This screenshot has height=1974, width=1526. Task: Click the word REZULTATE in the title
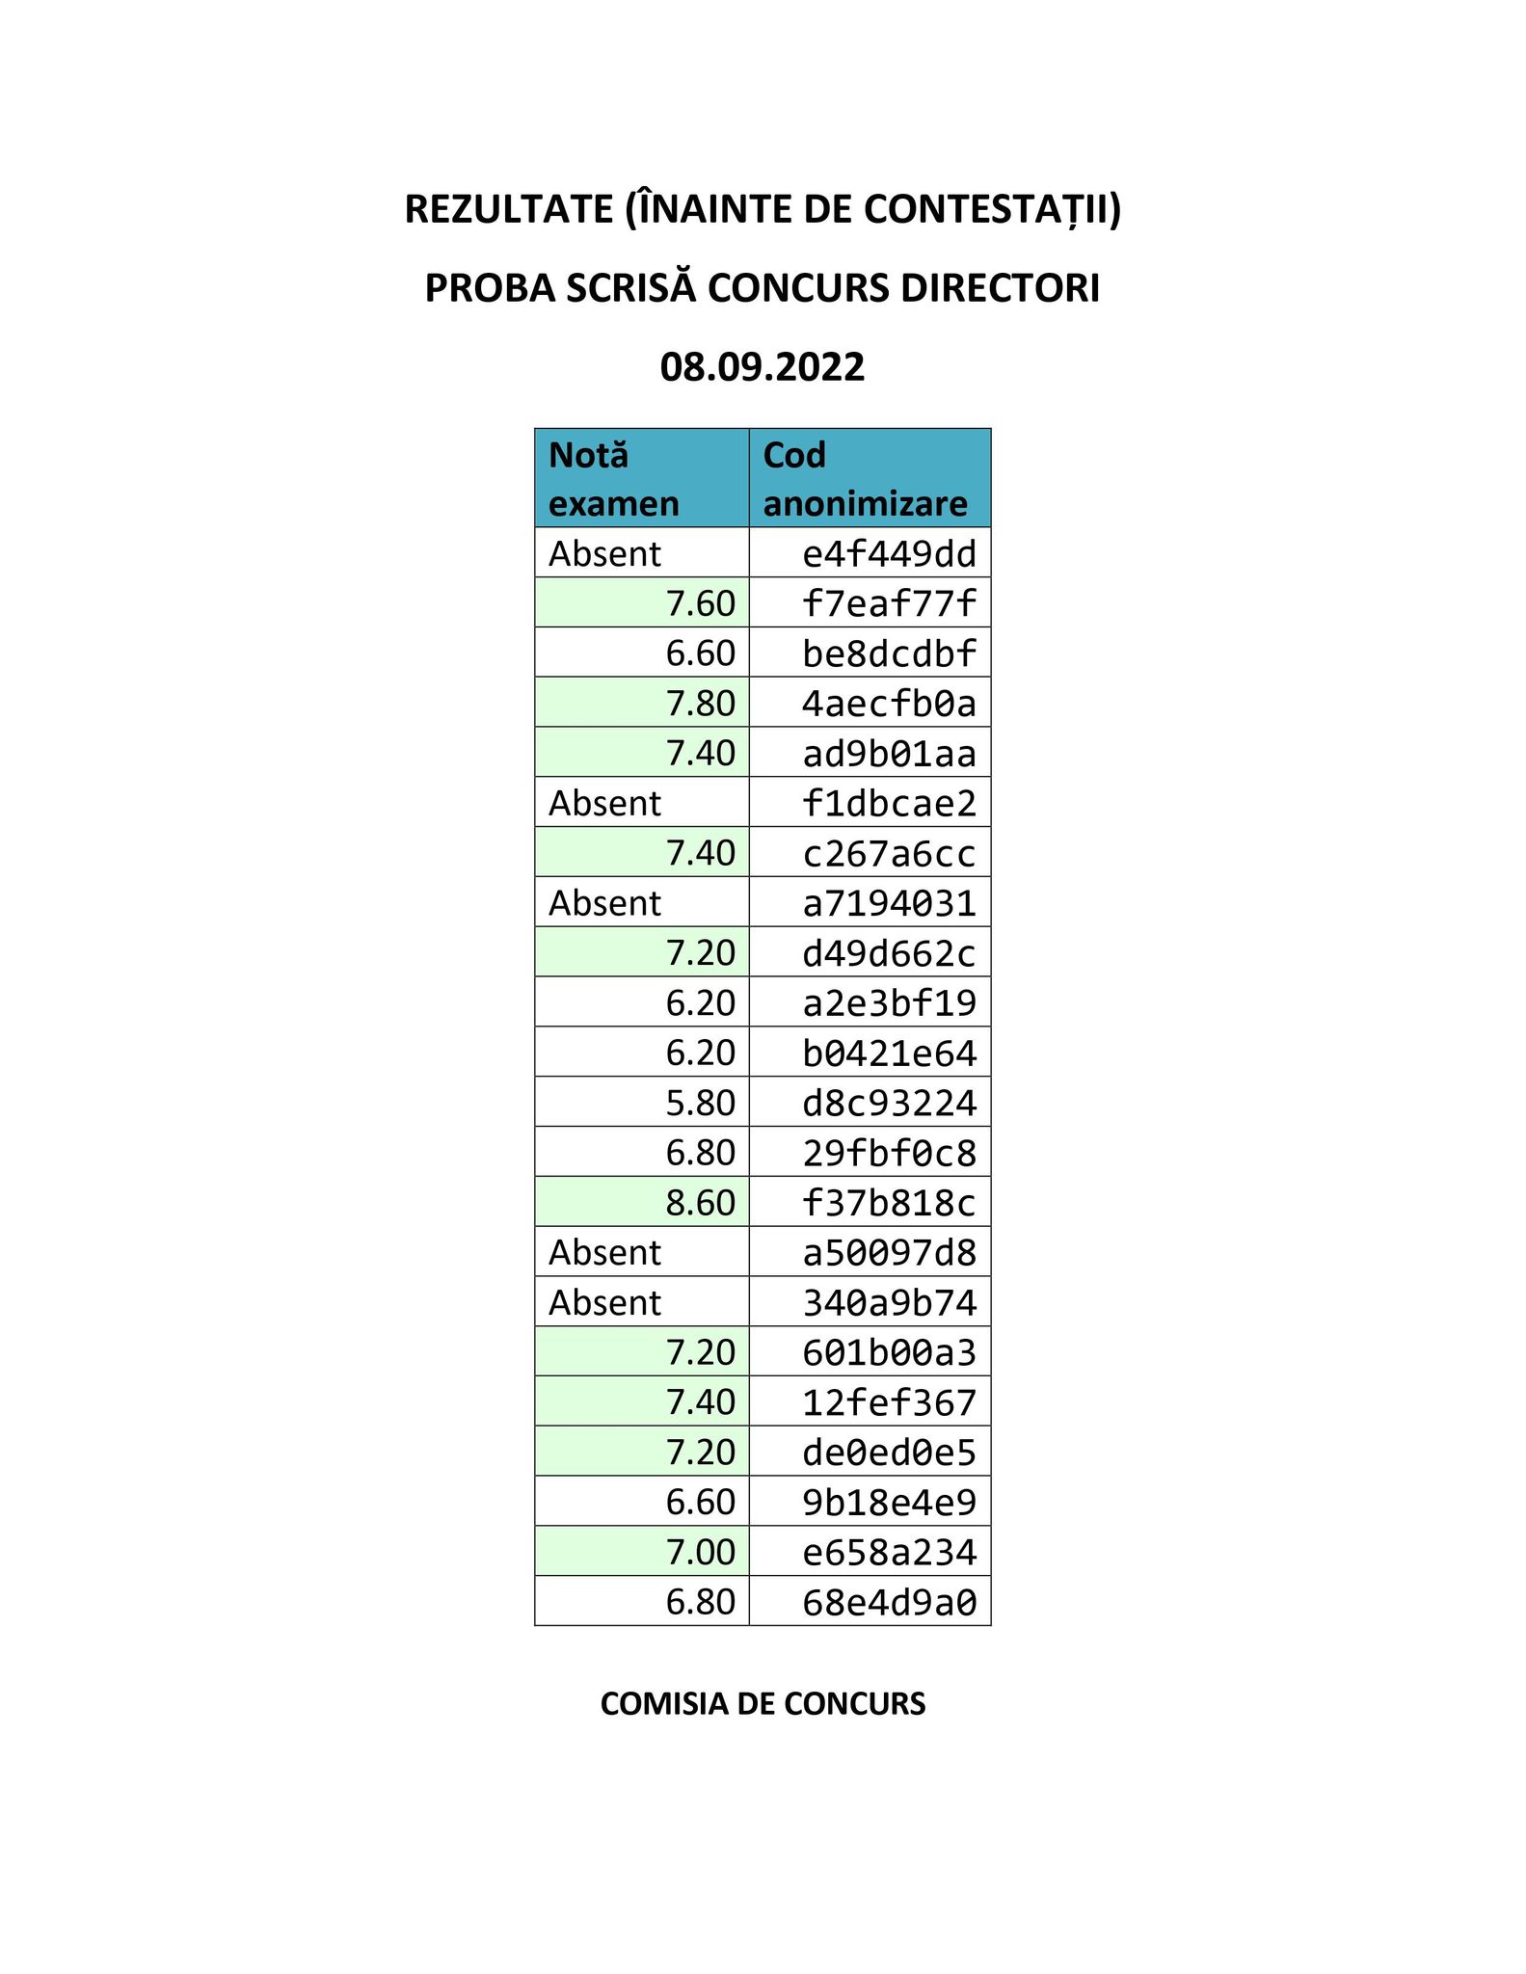[x=507, y=209]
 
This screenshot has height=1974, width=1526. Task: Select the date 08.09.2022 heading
[x=762, y=367]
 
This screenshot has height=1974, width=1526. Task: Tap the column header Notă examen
[x=641, y=478]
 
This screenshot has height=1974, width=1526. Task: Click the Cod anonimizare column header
[x=869, y=478]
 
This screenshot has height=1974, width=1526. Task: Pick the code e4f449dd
[x=889, y=554]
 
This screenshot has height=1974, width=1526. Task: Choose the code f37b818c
[x=889, y=1203]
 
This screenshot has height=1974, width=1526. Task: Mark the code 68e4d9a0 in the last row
[x=889, y=1602]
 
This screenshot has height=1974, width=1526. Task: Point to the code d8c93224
[x=889, y=1103]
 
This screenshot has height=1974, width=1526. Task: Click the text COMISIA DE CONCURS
[x=762, y=1704]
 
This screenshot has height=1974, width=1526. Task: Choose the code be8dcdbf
[x=889, y=654]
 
